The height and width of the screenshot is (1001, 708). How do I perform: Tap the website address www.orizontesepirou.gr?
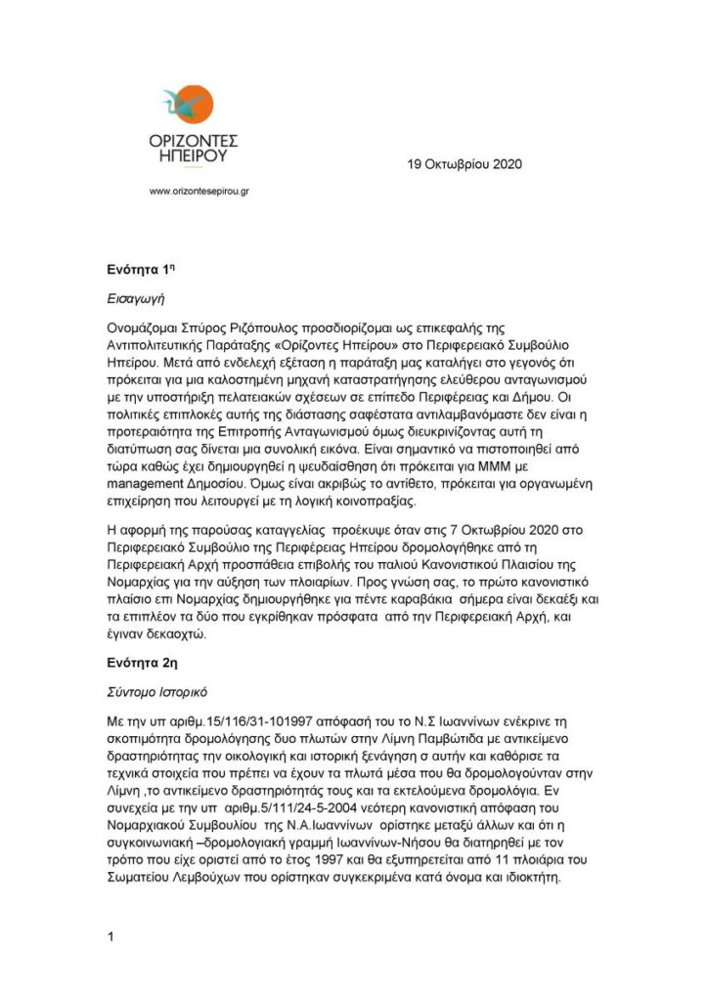point(198,192)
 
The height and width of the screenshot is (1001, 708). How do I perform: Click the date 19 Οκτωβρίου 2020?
point(465,164)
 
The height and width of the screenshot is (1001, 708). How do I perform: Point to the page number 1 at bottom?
point(111,937)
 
